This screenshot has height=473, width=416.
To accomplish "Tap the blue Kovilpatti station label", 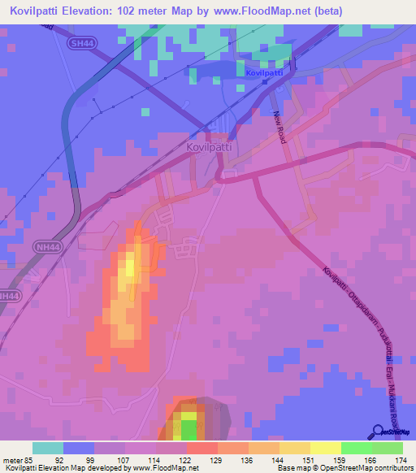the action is [264, 73].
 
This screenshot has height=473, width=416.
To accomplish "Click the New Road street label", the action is [281, 128].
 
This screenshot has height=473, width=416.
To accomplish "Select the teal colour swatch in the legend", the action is [48, 448].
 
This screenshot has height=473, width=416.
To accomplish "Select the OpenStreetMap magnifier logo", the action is [379, 431].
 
